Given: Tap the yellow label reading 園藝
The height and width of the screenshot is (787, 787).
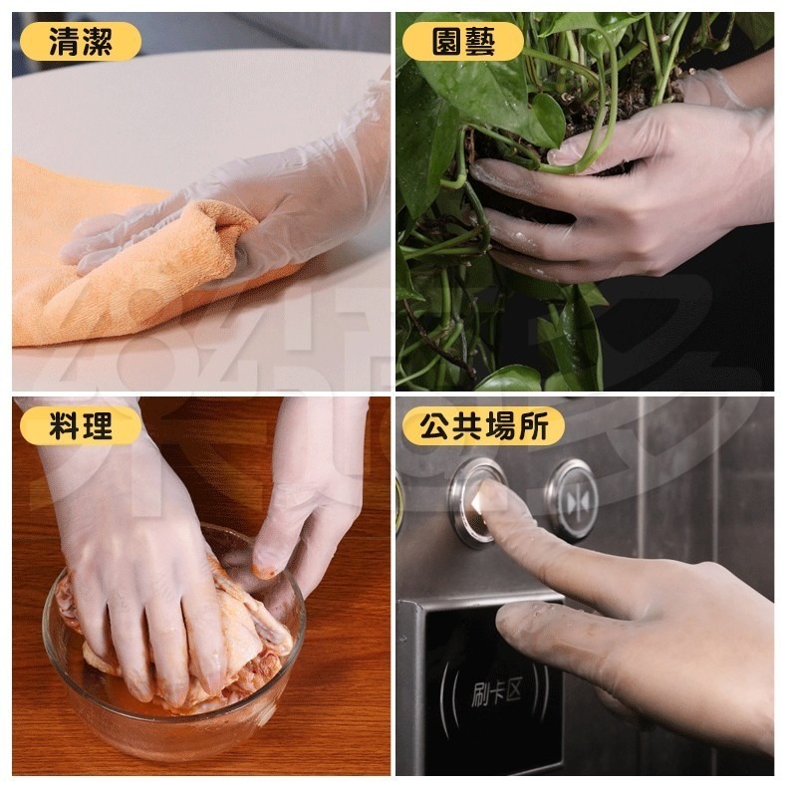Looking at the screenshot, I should [x=463, y=41].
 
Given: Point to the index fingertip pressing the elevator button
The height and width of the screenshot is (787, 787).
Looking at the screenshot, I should [x=490, y=498].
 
